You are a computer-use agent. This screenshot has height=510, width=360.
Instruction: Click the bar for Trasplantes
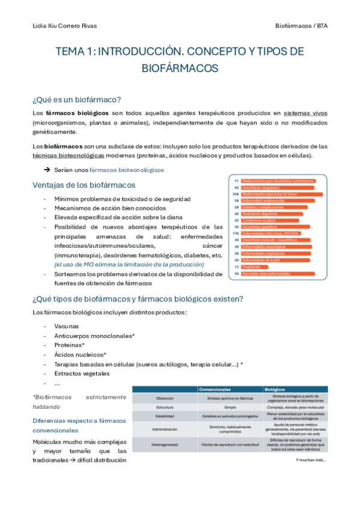252,266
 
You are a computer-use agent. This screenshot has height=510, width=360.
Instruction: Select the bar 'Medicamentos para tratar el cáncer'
282,194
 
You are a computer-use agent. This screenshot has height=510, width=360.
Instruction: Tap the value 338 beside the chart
236,194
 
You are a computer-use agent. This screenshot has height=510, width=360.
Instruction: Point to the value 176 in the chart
236,233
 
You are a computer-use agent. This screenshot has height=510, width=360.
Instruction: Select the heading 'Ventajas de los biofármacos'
84,185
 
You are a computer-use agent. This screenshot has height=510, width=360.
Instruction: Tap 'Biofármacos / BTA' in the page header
301,26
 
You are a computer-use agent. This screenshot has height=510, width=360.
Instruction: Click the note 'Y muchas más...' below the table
311,460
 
